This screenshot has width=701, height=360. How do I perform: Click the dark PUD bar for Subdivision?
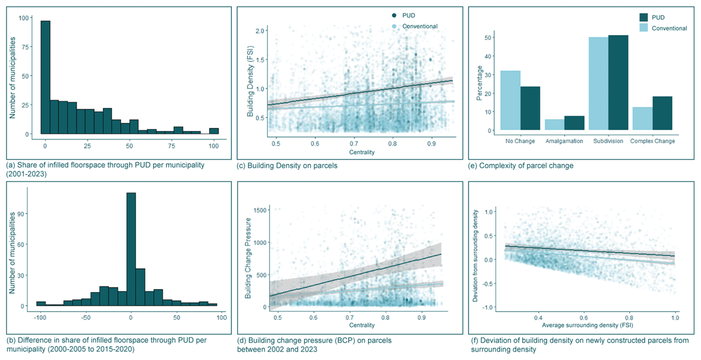pos(618,82)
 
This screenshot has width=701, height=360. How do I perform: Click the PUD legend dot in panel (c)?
pos(395,15)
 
